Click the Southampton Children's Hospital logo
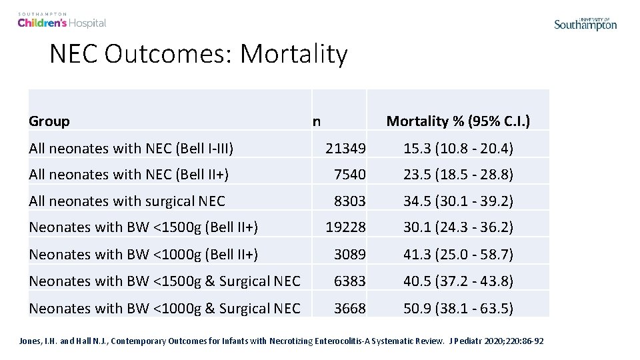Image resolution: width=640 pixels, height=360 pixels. coord(61,21)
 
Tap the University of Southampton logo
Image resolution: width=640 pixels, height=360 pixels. coord(585,24)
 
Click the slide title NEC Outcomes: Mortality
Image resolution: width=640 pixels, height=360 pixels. coord(198,55)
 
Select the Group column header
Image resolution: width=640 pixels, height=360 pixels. coord(49,121)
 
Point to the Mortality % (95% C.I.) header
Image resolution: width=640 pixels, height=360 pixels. coord(458,121)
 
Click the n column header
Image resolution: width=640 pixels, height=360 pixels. coord(317,121)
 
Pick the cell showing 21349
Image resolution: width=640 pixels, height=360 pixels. coord(345,148)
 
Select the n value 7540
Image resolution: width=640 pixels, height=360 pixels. coord(349,175)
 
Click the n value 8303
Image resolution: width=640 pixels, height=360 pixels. coord(349,201)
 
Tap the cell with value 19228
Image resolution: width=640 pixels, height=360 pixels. coord(345,227)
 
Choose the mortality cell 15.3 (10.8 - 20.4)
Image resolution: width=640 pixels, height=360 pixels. coord(458,148)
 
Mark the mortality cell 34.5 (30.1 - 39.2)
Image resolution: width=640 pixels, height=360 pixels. coord(458,201)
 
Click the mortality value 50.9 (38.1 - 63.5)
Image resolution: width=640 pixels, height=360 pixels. coord(458,308)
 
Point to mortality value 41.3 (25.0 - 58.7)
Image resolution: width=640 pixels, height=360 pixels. coord(458,254)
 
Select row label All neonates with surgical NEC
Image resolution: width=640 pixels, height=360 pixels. coord(127,201)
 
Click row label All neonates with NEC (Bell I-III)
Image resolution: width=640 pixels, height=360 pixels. coord(131,148)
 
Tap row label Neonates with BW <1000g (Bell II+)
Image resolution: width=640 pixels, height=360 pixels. coord(144,254)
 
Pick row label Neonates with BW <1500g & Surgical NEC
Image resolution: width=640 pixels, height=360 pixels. coord(165,281)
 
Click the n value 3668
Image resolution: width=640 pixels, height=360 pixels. coord(349,308)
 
